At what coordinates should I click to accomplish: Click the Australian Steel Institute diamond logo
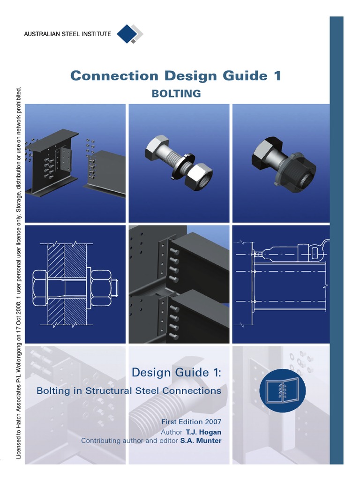click(x=129, y=34)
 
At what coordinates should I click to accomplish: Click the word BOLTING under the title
click(x=176, y=94)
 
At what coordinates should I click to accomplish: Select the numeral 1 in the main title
click(x=277, y=75)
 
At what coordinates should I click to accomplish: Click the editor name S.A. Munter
click(x=201, y=441)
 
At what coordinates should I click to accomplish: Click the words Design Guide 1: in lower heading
click(x=176, y=373)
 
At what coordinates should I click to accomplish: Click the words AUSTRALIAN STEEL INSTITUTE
click(x=67, y=34)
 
